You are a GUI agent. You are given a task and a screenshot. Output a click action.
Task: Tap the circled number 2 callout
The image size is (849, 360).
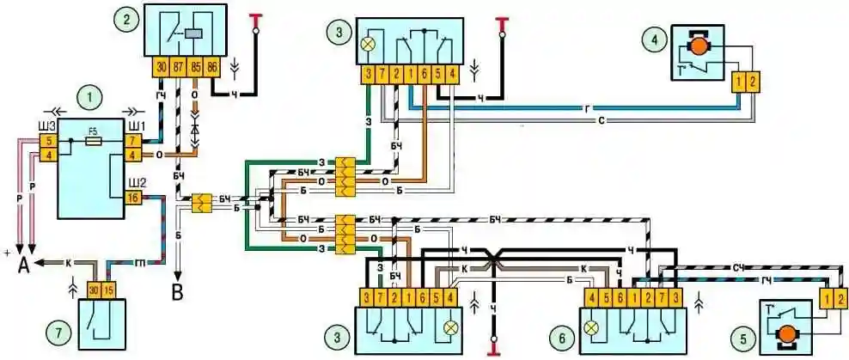pyautogui.click(x=128, y=18)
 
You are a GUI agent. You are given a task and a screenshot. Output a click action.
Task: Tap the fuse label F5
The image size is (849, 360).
pyautogui.click(x=95, y=131)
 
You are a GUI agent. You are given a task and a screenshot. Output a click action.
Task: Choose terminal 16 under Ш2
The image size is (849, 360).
pyautogui.click(x=133, y=197)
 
